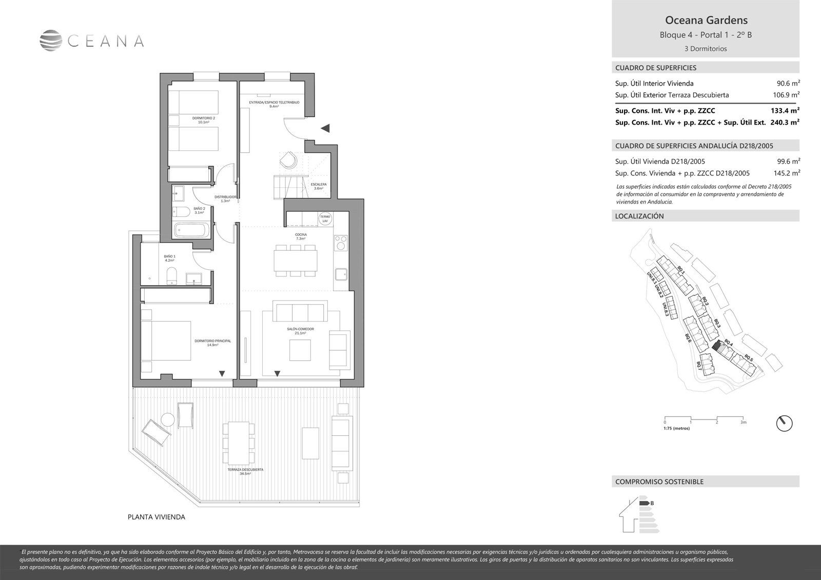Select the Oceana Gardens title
[706, 21]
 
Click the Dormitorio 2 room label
[207, 120]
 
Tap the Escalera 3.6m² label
[319, 186]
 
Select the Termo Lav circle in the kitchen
[325, 219]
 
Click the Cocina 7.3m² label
[301, 236]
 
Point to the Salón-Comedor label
[301, 331]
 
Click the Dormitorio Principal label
[212, 343]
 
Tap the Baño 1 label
[170, 258]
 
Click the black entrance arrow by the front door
[325, 128]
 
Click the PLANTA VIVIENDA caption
[156, 517]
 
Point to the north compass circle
[784, 423]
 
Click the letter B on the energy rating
[652, 503]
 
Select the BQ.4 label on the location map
[727, 344]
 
